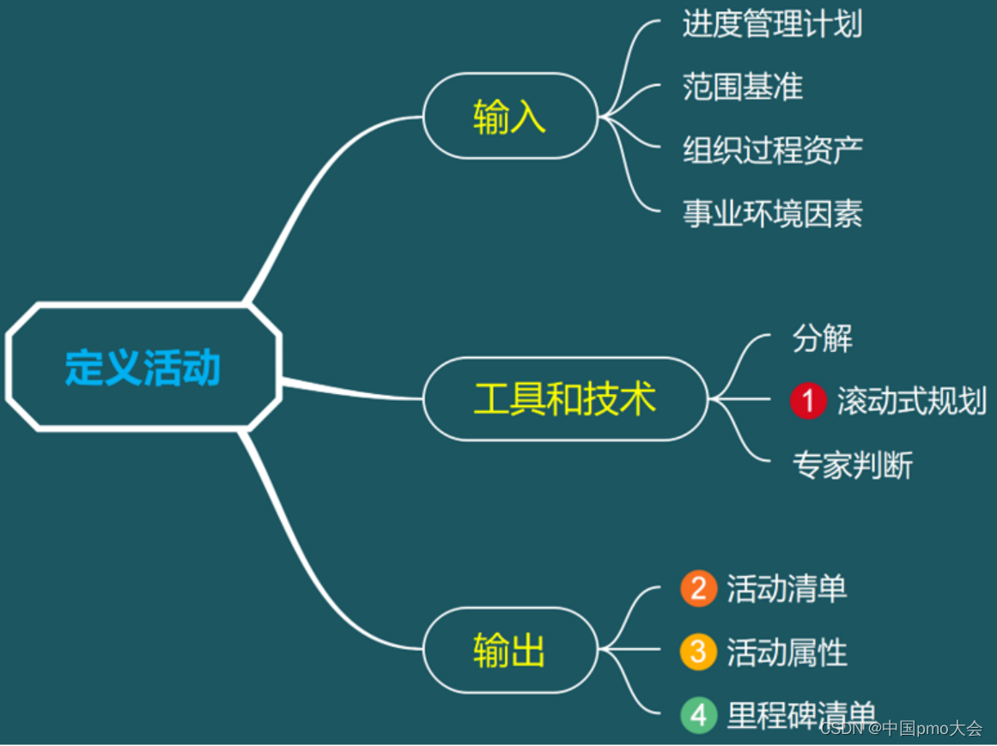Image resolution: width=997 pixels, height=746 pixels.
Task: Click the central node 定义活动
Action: (x=143, y=367)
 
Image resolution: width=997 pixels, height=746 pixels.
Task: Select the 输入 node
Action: (x=510, y=116)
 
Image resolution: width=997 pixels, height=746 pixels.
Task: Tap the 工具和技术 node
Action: (x=565, y=399)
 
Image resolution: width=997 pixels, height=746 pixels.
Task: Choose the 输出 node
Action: (x=510, y=650)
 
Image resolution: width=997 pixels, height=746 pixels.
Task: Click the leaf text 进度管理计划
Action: (x=772, y=24)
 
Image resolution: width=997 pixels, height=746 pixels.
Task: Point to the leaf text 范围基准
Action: (x=743, y=87)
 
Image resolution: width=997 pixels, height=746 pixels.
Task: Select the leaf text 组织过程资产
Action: (x=772, y=150)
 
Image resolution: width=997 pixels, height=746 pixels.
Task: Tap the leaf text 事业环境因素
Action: (x=772, y=213)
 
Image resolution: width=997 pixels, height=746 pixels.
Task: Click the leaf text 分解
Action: (x=822, y=338)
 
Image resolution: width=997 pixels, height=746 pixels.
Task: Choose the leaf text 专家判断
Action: (x=852, y=464)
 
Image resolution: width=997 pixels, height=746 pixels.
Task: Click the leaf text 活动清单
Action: (x=787, y=589)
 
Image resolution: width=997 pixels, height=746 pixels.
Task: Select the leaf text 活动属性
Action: (x=787, y=652)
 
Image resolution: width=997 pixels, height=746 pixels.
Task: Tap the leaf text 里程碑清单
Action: (x=800, y=714)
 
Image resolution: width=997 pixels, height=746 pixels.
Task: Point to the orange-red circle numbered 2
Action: (x=698, y=589)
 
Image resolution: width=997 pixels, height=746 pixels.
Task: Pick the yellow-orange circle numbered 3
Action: (x=698, y=652)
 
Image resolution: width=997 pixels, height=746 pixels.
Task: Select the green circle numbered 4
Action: (x=698, y=715)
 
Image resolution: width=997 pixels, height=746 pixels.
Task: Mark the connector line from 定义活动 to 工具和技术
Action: (x=352, y=391)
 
